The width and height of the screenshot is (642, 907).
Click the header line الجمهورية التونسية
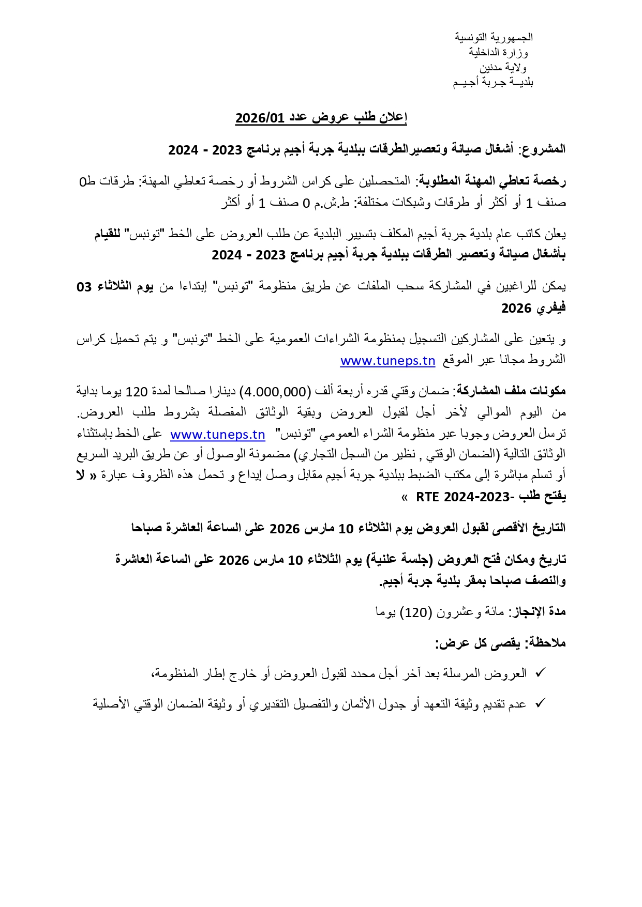coord(494,37)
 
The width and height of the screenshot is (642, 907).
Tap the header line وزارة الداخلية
coord(498,52)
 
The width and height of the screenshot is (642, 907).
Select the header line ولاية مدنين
coord(502,67)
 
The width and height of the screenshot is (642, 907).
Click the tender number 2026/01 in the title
coord(260,118)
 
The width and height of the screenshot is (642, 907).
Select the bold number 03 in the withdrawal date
coord(84,287)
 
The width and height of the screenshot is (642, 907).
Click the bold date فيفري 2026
coord(533,309)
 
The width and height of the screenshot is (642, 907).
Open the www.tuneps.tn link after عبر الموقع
coord(387,361)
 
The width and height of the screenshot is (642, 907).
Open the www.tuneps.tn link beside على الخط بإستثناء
coord(218,435)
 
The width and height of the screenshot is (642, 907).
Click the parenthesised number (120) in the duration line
coord(416,612)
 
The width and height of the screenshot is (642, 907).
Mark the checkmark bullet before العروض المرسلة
coord(540,673)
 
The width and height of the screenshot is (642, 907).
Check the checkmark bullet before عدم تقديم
coord(540,703)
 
